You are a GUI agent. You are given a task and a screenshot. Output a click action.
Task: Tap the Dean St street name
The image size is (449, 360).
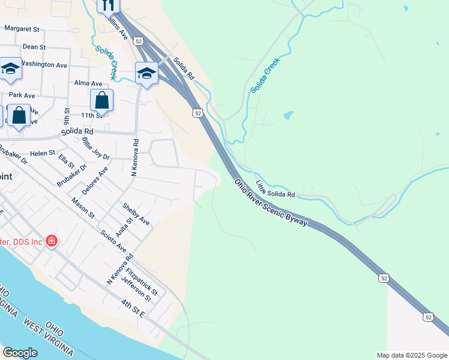(x=34, y=46)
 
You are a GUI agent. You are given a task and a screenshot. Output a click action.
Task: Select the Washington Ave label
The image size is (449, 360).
(x=44, y=64)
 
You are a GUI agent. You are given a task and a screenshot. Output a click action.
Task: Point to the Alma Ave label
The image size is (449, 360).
(x=88, y=83)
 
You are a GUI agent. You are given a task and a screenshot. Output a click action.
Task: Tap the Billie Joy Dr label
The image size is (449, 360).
(x=96, y=148)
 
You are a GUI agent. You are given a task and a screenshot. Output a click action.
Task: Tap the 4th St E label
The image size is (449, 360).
(x=133, y=310)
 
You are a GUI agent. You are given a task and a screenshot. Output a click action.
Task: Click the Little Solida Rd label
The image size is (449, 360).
(x=276, y=190)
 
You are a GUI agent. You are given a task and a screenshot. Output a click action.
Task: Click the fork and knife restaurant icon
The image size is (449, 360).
(x=108, y=5)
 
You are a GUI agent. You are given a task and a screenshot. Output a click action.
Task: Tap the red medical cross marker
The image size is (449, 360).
(x=52, y=241)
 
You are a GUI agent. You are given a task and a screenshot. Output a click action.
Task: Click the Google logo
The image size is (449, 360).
(x=20, y=353)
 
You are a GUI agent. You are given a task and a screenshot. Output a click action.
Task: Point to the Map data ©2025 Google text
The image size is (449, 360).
(x=412, y=355)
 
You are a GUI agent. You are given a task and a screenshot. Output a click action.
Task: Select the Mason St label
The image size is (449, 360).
(x=83, y=207)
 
